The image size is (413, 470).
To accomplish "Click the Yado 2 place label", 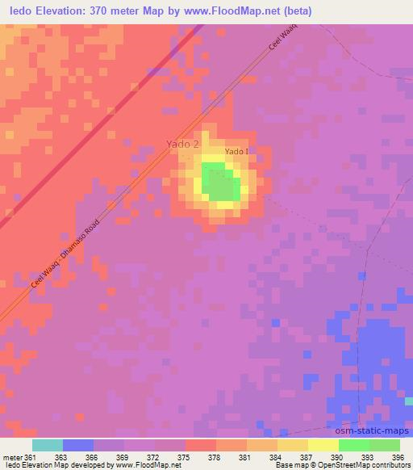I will click(x=182, y=144).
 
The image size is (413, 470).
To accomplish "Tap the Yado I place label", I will click(x=236, y=151).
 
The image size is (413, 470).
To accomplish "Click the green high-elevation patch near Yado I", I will click(x=219, y=181).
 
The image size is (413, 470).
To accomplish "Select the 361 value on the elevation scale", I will click(x=31, y=457).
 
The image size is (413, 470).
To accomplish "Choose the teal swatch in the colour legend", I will click(x=48, y=445).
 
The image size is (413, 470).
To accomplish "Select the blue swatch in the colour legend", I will click(x=78, y=445).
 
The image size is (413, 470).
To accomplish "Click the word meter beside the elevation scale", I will click(x=12, y=457).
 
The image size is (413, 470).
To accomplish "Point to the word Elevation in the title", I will click(x=60, y=10).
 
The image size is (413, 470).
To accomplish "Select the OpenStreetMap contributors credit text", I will click(x=374, y=465).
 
